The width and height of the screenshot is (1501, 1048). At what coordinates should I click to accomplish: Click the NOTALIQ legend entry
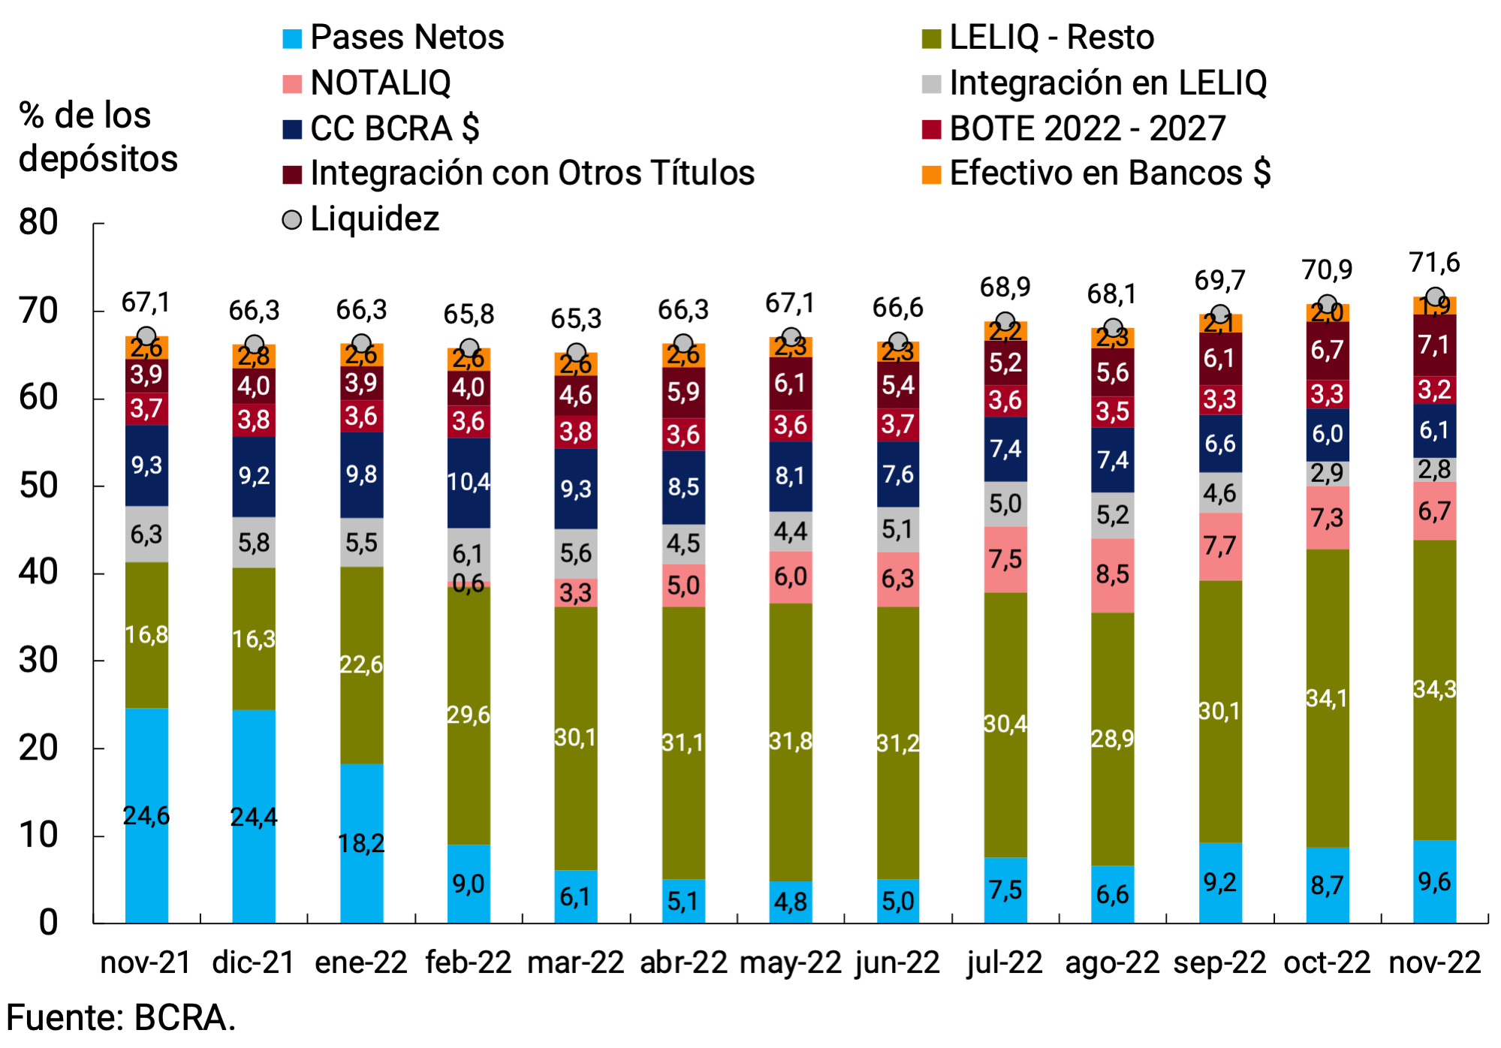(379, 83)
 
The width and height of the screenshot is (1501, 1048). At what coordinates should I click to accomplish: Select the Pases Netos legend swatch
(292, 38)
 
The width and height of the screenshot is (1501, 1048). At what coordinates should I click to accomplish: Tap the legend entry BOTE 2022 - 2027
(1087, 128)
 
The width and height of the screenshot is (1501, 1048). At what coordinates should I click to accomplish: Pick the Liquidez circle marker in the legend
(292, 219)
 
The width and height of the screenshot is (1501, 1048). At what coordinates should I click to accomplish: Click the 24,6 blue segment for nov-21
(146, 815)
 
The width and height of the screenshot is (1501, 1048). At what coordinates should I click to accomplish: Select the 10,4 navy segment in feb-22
(469, 482)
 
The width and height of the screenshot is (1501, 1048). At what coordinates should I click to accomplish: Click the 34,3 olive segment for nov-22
(1434, 689)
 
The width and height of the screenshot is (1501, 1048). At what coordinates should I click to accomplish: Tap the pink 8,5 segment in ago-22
(1112, 575)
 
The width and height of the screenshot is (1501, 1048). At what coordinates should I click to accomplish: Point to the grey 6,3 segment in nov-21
(146, 534)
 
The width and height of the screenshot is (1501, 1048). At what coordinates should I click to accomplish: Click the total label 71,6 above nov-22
(1434, 263)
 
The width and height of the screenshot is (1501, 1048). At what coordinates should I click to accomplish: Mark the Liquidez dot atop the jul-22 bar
(1005, 322)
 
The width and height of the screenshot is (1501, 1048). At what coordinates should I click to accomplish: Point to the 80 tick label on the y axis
(39, 222)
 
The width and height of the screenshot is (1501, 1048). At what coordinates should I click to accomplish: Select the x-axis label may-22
(790, 962)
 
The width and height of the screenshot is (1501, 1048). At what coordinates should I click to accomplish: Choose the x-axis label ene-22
(361, 962)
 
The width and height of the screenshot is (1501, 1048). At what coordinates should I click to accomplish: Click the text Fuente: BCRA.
(121, 1019)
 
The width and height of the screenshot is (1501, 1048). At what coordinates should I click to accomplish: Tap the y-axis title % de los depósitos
(98, 137)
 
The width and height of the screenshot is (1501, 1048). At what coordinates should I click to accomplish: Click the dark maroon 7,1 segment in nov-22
(1434, 345)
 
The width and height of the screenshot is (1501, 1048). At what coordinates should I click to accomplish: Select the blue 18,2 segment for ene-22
(361, 843)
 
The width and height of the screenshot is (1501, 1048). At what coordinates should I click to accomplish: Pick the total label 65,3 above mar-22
(576, 318)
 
